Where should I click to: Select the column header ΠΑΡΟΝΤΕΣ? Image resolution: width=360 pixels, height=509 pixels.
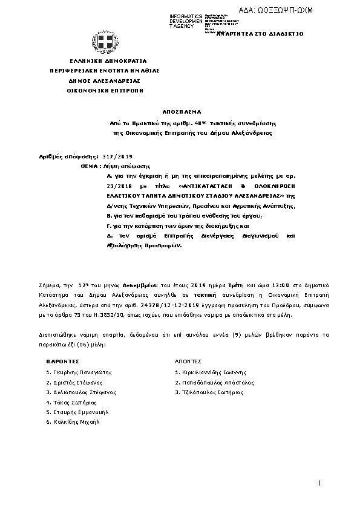[63, 360]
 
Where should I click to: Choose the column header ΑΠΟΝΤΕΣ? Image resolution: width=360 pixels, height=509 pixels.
[188, 360]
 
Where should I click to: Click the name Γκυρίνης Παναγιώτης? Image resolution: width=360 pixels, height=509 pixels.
[79, 373]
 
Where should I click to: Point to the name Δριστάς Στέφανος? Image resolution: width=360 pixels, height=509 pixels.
[74, 383]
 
